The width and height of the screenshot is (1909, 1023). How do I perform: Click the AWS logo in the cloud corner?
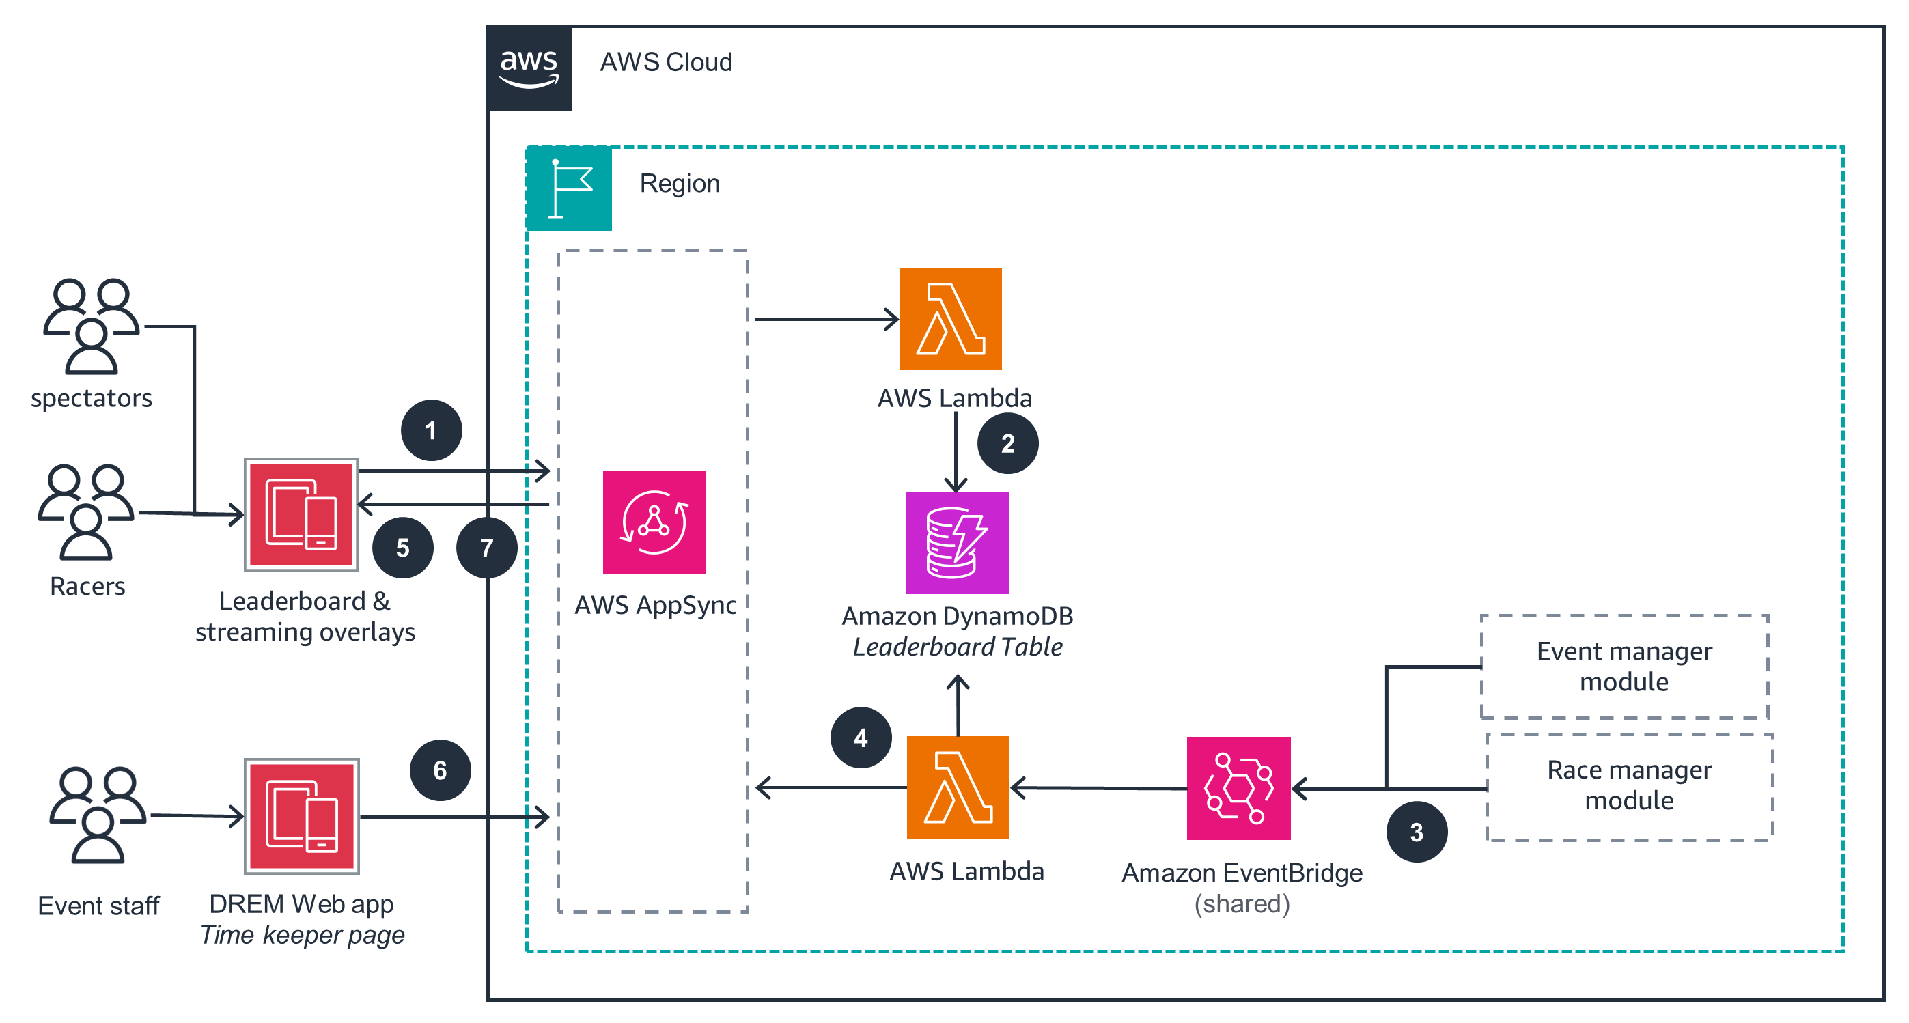coord(529,68)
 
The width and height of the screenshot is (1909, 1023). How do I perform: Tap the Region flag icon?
coord(569,188)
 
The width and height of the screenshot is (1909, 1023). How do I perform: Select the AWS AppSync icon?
coord(654,522)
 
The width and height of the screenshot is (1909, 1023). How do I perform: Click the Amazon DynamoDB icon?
coord(957,543)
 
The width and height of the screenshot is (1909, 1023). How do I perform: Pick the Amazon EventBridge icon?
coord(1238,788)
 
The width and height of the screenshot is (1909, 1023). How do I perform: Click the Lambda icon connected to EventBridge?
coord(958,787)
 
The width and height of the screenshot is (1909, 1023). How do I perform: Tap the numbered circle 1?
coord(431,430)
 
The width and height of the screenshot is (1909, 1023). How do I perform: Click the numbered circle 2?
coord(1008,444)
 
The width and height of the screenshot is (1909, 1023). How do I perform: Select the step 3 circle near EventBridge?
coord(1416,832)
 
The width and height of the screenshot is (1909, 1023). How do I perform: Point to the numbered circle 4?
coord(861,738)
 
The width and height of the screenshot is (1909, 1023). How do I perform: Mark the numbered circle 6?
coord(440,770)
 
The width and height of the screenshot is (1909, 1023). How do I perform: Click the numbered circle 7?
coord(486,548)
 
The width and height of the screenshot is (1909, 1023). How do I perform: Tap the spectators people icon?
coord(91,326)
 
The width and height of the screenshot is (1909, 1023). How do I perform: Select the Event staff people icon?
coord(97,815)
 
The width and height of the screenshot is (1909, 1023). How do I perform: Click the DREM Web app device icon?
coord(302,816)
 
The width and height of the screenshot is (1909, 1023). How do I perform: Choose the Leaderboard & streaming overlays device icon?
coord(301,515)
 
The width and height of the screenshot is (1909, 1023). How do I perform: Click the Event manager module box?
coord(1624,667)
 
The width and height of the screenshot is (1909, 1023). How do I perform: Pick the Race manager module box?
coord(1629,786)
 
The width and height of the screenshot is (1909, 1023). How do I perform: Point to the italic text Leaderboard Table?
coord(958,647)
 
